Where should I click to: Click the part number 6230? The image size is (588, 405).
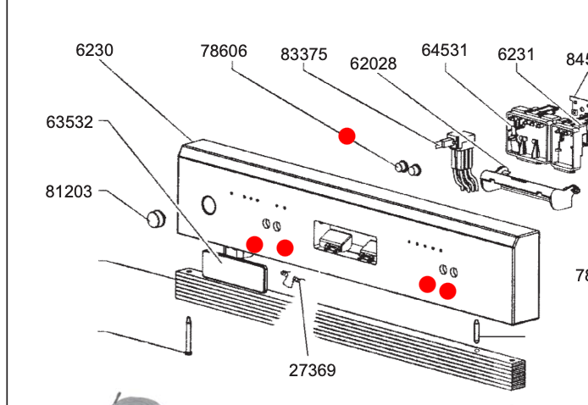tap(94, 50)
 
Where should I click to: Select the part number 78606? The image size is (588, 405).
tap(224, 51)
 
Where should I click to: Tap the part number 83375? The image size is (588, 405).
tap(303, 54)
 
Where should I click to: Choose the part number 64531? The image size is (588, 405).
tap(444, 50)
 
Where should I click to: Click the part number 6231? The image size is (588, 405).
tap(516, 54)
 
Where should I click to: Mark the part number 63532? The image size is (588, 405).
tap(69, 122)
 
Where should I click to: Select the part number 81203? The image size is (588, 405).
tap(69, 192)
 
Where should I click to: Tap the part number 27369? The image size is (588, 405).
tap(312, 370)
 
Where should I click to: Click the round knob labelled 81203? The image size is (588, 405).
tap(153, 217)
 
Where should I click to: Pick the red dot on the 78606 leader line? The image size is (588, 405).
tap(347, 136)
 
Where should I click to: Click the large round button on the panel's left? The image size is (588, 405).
tap(207, 204)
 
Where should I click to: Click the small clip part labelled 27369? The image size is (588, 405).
tap(292, 277)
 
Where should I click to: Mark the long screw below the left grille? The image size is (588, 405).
tap(187, 336)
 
